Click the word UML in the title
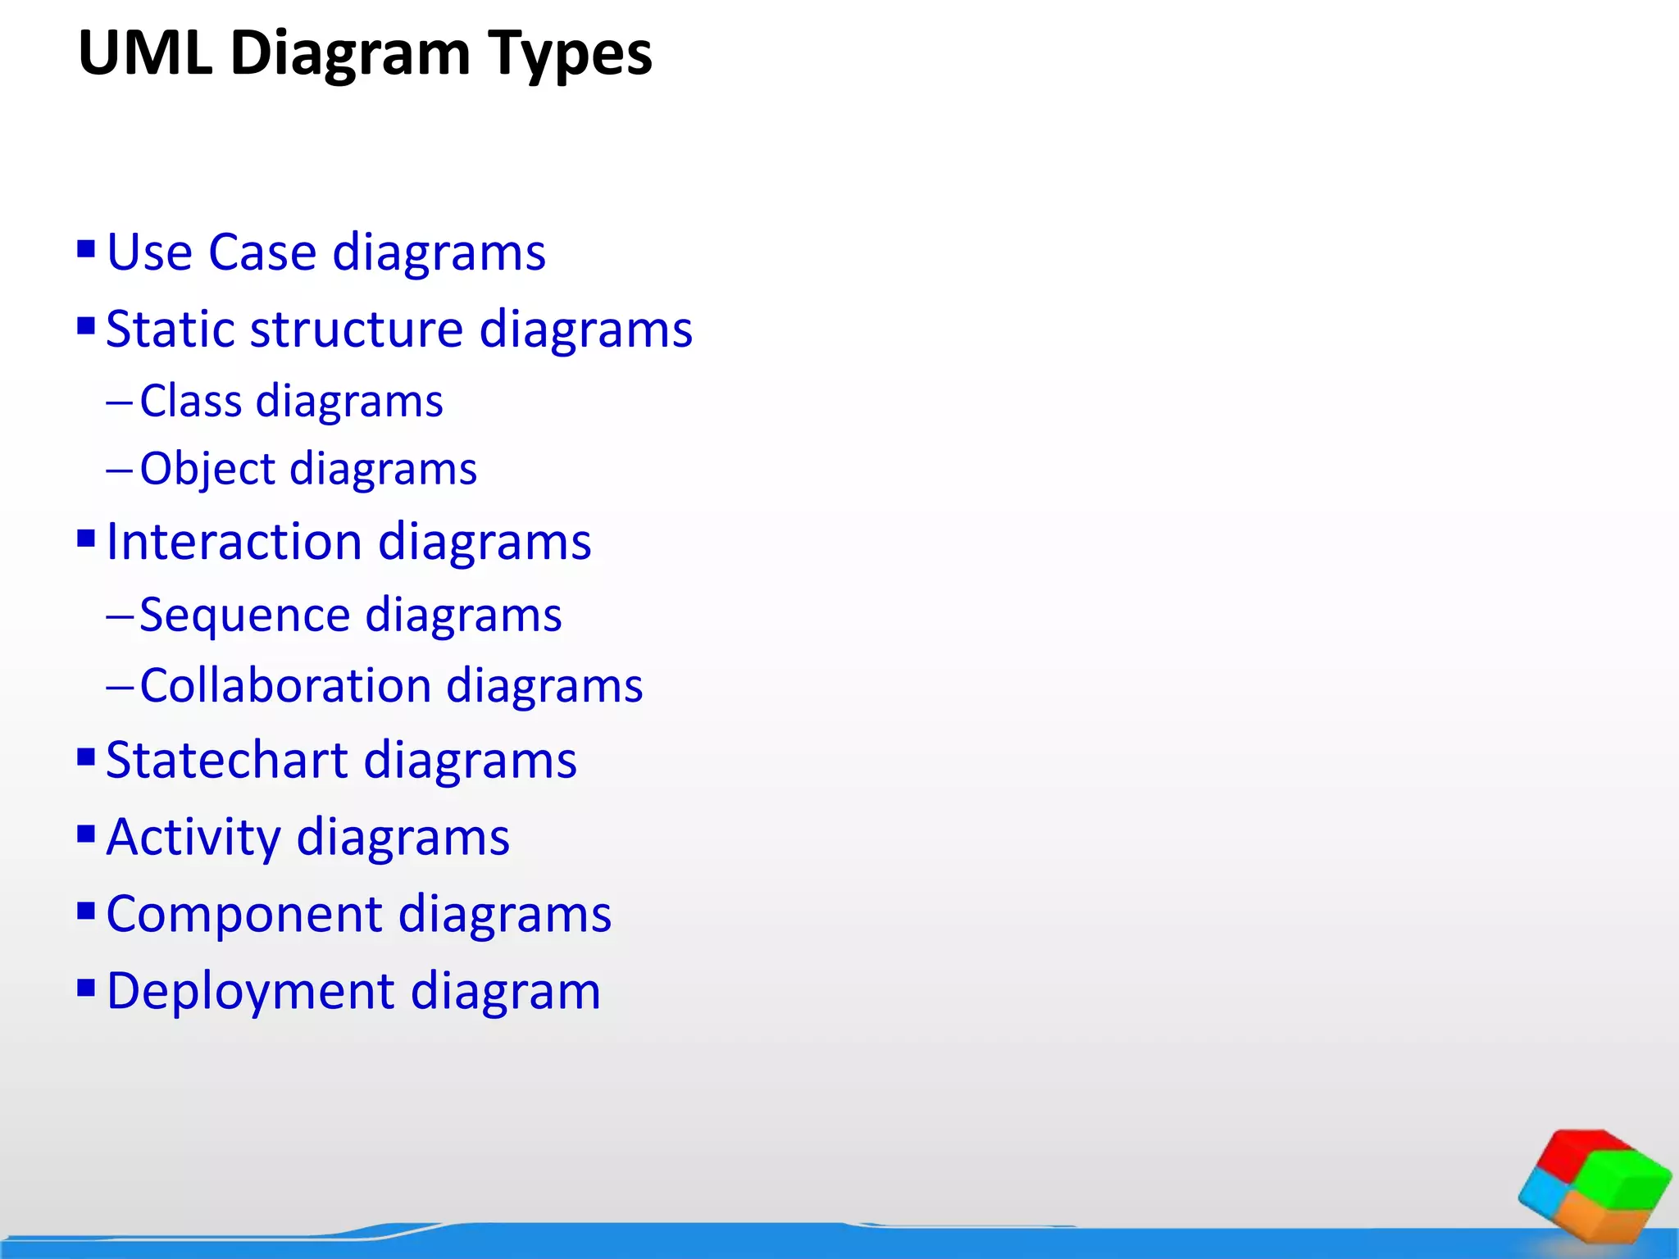click(x=145, y=53)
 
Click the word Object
click(x=207, y=470)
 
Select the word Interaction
click(x=234, y=542)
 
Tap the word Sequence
click(x=245, y=615)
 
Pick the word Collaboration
click(x=285, y=685)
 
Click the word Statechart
click(x=227, y=760)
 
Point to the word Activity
click(x=193, y=838)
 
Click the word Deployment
click(x=250, y=991)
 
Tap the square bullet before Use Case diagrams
click(x=86, y=248)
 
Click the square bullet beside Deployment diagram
click(x=86, y=987)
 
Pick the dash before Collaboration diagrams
click(x=119, y=687)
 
